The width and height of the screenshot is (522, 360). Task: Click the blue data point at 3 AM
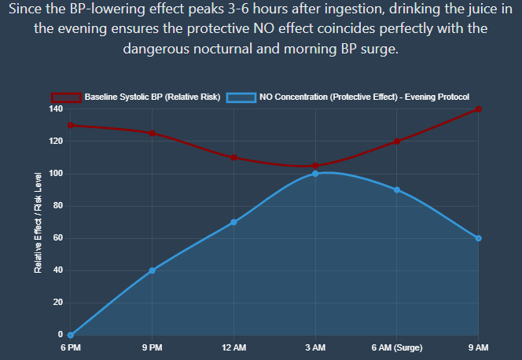[315, 174]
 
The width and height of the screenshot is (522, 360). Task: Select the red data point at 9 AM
[478, 109]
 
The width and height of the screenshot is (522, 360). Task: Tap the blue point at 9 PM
[152, 270]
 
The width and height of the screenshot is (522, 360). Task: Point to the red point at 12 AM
[233, 157]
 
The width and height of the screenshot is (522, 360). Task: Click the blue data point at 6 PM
[70, 335]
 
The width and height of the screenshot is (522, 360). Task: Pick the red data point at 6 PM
[70, 125]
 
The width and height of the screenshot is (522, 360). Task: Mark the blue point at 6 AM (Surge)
[397, 189]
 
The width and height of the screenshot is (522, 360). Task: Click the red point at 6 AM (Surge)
[397, 141]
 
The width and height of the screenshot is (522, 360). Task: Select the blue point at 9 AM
[478, 238]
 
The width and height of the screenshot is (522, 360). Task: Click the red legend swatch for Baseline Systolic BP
[66, 97]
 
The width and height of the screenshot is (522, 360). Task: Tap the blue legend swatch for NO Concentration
[241, 97]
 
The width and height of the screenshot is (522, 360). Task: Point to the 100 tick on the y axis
[54, 174]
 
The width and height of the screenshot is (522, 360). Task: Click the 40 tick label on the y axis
[57, 270]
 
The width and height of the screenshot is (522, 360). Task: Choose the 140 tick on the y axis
[54, 109]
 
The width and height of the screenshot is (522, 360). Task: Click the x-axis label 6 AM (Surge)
[397, 347]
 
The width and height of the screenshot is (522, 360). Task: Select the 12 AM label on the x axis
[233, 347]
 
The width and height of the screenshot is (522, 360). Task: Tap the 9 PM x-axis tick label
[152, 347]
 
